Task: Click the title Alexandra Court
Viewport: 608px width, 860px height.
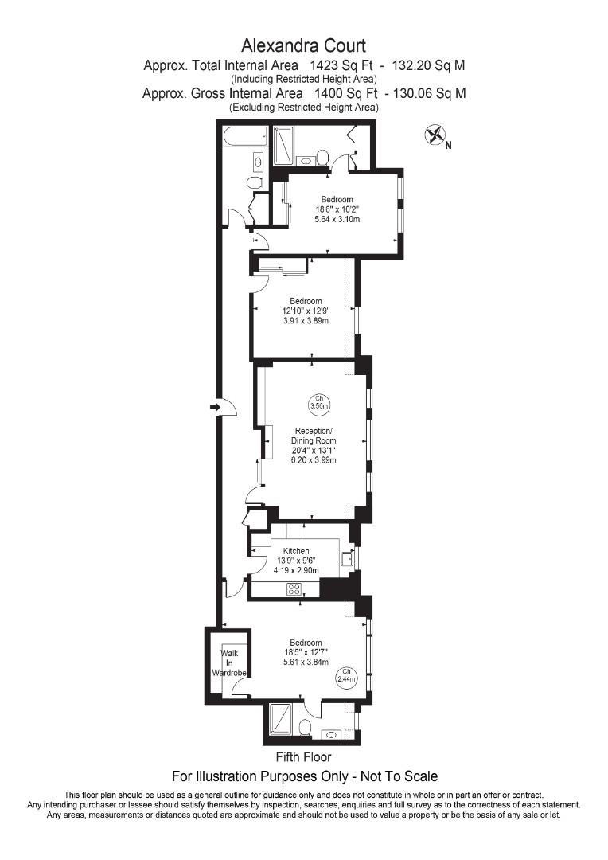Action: pos(304,45)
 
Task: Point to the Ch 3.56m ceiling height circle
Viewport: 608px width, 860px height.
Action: pos(318,401)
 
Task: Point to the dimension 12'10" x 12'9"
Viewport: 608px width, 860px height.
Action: pos(306,311)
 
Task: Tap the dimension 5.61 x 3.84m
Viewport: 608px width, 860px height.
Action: pos(306,663)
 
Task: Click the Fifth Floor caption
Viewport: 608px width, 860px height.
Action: pos(303,757)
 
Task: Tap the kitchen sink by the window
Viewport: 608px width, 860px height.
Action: pos(346,559)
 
